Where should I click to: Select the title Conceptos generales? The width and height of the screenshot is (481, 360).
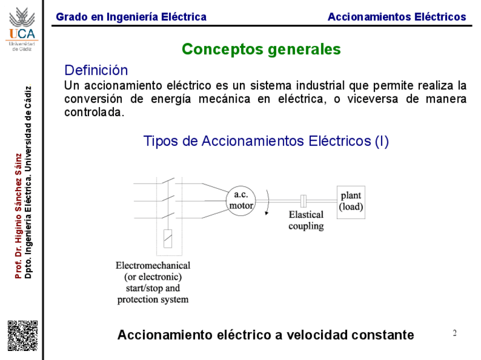(261, 49)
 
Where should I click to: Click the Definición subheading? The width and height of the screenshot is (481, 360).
(96, 70)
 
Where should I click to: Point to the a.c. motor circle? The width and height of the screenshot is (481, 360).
(241, 200)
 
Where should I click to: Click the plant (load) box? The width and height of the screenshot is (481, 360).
(351, 201)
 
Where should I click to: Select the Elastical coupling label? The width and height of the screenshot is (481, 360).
(306, 220)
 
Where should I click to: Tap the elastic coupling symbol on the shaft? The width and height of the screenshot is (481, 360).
(303, 200)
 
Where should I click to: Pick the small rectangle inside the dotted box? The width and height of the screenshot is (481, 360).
(168, 238)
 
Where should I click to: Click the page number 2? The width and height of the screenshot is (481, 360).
(454, 333)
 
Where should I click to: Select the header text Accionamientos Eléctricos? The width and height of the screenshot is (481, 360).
(396, 17)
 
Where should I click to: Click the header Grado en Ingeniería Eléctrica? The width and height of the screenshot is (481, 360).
(131, 17)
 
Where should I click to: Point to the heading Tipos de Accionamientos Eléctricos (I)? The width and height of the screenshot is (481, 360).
(266, 141)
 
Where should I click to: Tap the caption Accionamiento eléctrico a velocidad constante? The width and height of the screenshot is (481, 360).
(265, 335)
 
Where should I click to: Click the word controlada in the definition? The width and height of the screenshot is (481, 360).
(94, 112)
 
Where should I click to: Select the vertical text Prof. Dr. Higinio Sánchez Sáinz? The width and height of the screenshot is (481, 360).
(18, 215)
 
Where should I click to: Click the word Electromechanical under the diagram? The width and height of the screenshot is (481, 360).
(153, 265)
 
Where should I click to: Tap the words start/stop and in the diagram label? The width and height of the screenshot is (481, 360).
(153, 288)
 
